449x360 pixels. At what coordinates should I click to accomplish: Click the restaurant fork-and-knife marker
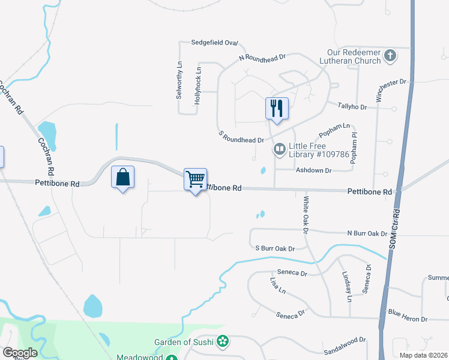point(277,109)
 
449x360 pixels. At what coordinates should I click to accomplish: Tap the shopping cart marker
point(195,179)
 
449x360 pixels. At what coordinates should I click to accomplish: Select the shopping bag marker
point(122,177)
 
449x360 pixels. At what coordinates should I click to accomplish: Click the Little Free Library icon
point(279,148)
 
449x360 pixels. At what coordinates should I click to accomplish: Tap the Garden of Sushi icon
point(223,341)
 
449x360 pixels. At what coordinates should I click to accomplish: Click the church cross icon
point(390,56)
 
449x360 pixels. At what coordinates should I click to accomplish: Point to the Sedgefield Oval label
point(215,43)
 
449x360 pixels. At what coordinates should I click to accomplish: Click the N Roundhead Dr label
point(262,58)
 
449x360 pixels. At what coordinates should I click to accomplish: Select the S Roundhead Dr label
point(241,139)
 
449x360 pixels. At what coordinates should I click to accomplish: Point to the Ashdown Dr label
point(313,170)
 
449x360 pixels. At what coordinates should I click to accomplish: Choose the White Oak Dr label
point(306,215)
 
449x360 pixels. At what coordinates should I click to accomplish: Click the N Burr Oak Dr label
point(367,233)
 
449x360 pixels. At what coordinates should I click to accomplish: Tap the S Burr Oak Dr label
point(276,248)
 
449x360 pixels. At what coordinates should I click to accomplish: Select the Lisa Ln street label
point(277,285)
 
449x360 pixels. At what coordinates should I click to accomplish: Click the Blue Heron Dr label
point(408,319)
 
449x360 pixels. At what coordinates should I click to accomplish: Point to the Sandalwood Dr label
point(345,341)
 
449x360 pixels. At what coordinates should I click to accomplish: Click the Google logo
point(20,353)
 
